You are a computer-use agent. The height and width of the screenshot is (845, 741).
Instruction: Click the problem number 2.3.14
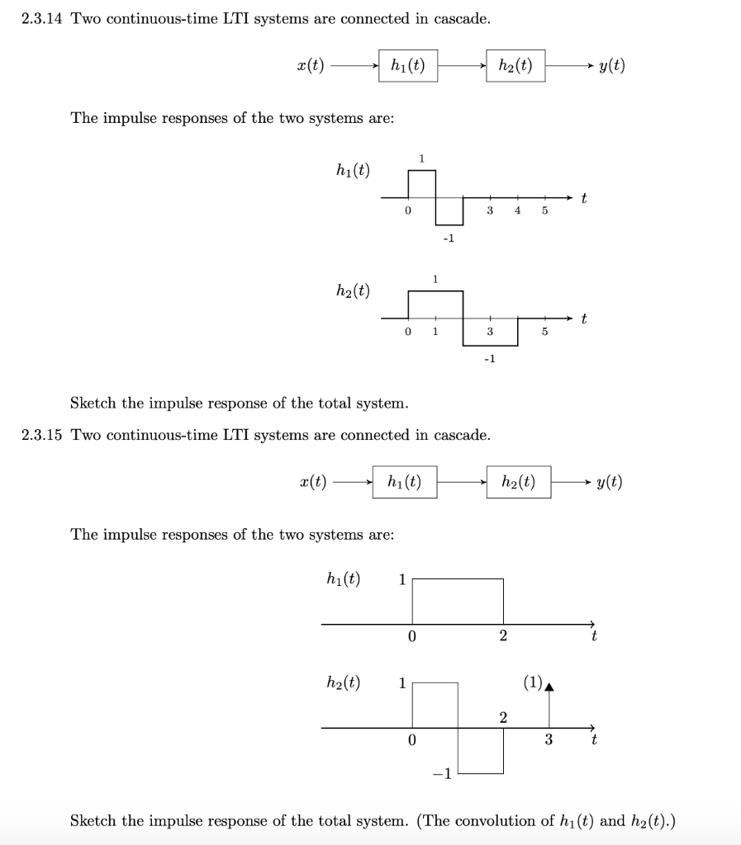[42, 19]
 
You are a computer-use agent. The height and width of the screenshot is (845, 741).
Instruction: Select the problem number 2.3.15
[42, 435]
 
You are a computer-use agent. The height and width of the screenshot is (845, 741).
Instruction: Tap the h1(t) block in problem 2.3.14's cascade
[407, 66]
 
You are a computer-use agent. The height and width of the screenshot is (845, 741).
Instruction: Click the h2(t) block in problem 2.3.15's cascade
[518, 482]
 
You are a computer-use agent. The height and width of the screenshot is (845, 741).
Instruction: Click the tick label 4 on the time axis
[517, 211]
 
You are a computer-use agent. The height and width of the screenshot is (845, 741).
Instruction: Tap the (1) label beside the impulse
[532, 682]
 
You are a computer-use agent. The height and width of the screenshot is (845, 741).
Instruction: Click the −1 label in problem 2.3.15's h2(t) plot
[442, 773]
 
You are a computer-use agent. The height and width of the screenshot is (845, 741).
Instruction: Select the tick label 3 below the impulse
[548, 739]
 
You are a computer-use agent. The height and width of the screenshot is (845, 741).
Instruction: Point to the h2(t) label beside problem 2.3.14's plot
[353, 290]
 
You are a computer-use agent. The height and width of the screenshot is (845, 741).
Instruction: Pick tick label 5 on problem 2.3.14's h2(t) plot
[544, 333]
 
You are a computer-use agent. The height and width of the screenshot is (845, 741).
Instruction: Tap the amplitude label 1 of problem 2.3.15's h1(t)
[402, 579]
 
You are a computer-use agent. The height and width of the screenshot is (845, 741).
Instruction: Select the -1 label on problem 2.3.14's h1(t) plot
[448, 239]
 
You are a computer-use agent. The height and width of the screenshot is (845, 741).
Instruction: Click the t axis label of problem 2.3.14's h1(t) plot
[584, 198]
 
